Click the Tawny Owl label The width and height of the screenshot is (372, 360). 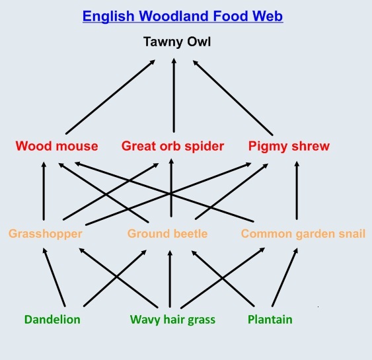[x=177, y=42]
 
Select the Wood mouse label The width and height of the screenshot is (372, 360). [x=57, y=146]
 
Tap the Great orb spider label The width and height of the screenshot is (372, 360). [x=172, y=146]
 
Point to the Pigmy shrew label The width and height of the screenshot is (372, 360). [x=289, y=146]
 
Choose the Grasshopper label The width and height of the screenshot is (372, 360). [x=46, y=234]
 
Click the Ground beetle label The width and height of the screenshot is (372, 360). [x=167, y=234]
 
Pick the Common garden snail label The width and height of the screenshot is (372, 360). [x=303, y=234]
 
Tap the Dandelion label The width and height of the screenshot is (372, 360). [x=52, y=320]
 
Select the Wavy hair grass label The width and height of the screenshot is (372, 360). [x=172, y=320]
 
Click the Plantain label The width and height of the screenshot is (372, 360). [x=270, y=320]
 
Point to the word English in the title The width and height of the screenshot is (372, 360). [x=108, y=17]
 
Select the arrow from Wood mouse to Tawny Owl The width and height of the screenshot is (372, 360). [x=110, y=97]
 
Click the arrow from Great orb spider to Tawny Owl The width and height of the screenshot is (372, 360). [x=174, y=95]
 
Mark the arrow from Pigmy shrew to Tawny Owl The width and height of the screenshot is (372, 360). [x=233, y=98]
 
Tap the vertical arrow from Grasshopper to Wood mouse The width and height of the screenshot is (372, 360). [x=44, y=191]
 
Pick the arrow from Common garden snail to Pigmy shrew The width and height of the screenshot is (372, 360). [x=297, y=190]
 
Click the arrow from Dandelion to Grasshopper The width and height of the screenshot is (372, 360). [x=54, y=277]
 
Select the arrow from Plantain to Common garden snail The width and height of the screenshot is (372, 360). [x=285, y=277]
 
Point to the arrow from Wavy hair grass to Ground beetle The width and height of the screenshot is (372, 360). [x=170, y=279]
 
